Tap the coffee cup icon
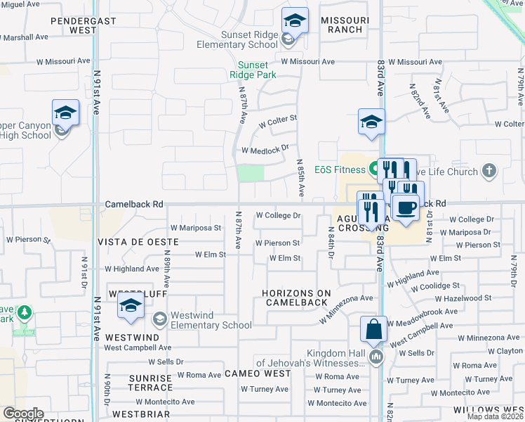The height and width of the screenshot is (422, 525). tap(405, 207)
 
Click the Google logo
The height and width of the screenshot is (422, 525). tap(23, 413)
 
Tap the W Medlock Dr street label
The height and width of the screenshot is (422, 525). tap(265, 149)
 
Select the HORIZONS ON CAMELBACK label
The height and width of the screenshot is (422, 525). tap(295, 298)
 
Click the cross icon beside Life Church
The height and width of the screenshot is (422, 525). tap(489, 171)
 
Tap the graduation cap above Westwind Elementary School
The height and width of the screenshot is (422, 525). tap(131, 306)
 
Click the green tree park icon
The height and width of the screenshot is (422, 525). tap(25, 312)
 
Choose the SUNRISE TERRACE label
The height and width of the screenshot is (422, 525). tap(150, 383)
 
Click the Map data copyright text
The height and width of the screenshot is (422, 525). tap(495, 416)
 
